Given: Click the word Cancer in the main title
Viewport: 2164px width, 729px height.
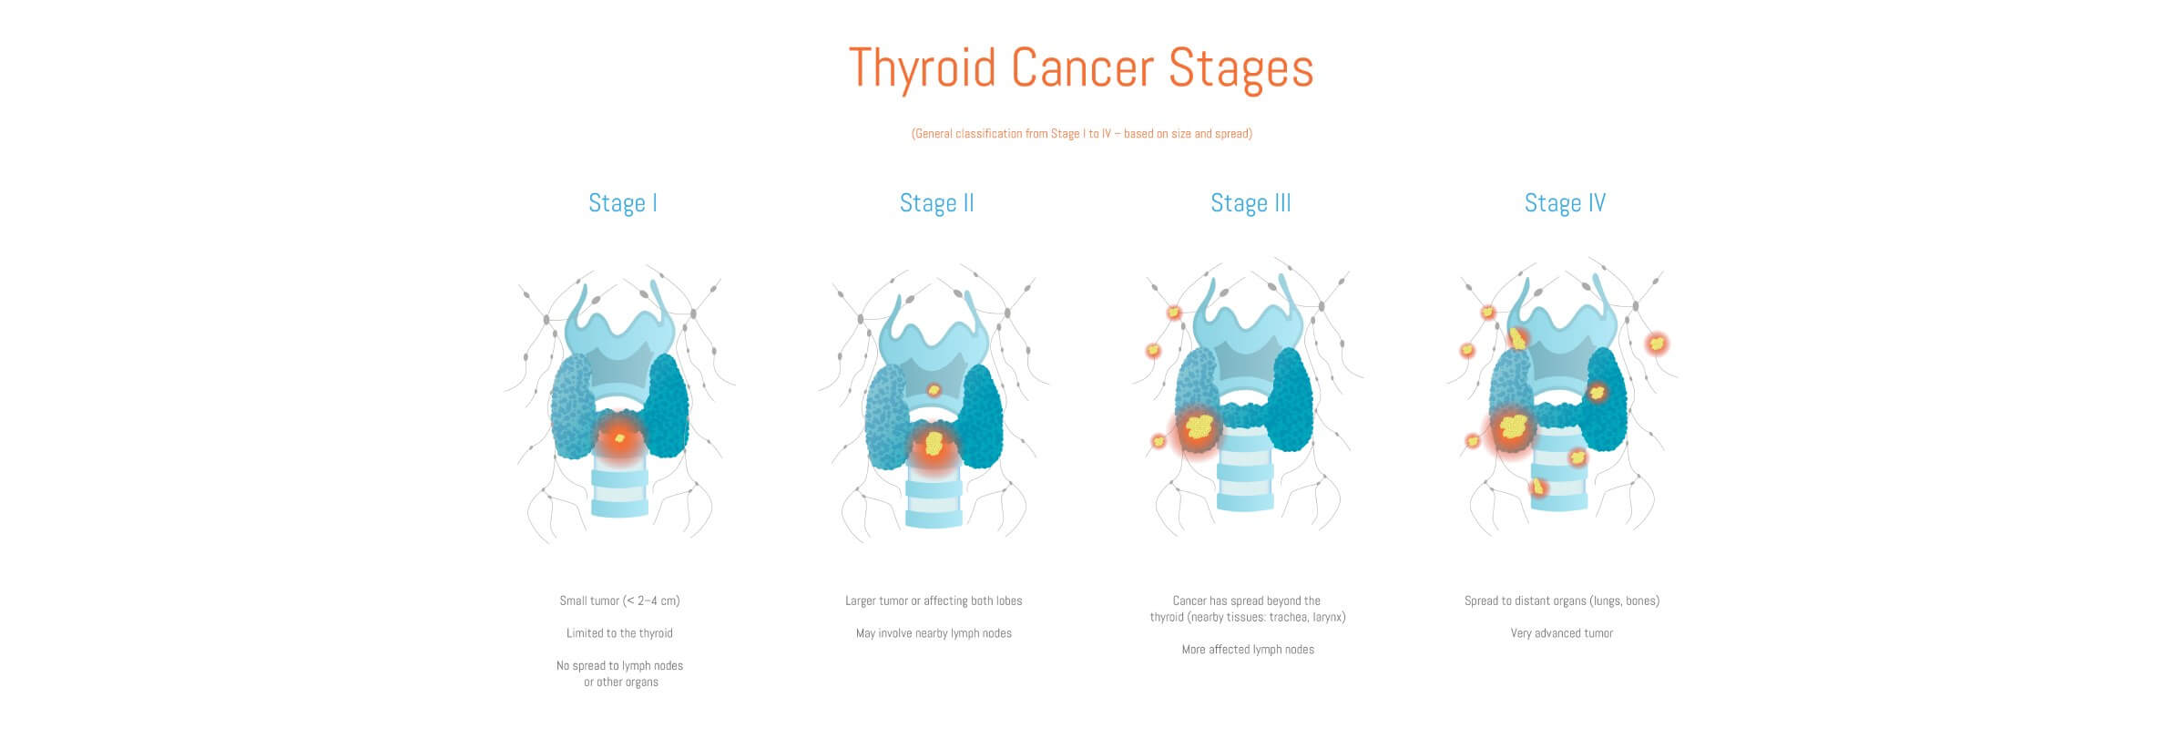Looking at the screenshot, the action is coord(1082,67).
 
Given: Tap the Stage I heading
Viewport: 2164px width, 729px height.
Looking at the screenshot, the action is coord(623,203).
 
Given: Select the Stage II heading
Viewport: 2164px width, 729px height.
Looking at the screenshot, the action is coord(936,203).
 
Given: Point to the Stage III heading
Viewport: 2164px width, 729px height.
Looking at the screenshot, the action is coord(1250,203).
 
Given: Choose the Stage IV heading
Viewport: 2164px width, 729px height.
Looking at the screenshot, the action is coord(1565,203).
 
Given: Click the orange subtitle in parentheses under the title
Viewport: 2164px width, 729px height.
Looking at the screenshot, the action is coord(1082,134).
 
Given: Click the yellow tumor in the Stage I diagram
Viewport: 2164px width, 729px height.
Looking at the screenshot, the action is coord(620,438).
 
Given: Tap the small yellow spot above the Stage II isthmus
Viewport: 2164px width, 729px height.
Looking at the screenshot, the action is coord(934,390).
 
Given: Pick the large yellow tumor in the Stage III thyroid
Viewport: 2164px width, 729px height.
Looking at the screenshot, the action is coord(1199,426).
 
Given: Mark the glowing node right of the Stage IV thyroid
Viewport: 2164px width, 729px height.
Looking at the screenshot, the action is coord(1657,344).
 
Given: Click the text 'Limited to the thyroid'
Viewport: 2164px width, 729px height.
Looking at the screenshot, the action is coord(619,633).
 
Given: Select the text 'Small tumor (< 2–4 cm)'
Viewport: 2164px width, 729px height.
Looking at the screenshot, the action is coord(619,601).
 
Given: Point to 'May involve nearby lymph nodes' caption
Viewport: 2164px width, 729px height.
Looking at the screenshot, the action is coord(934,633).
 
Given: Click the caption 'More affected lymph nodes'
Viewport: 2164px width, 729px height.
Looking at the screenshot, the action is coord(1248,650).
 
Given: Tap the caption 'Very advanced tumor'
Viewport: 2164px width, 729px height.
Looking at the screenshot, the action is coord(1562,633).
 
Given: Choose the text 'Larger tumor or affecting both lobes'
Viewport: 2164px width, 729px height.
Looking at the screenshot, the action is coord(934,601).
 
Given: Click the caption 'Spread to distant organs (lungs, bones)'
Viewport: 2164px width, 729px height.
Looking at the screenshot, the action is coord(1562,601).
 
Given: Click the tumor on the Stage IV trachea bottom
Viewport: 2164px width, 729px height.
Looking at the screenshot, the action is coord(1538,488).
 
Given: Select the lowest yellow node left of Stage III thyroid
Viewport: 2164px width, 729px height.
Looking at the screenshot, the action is coord(1159,441).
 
